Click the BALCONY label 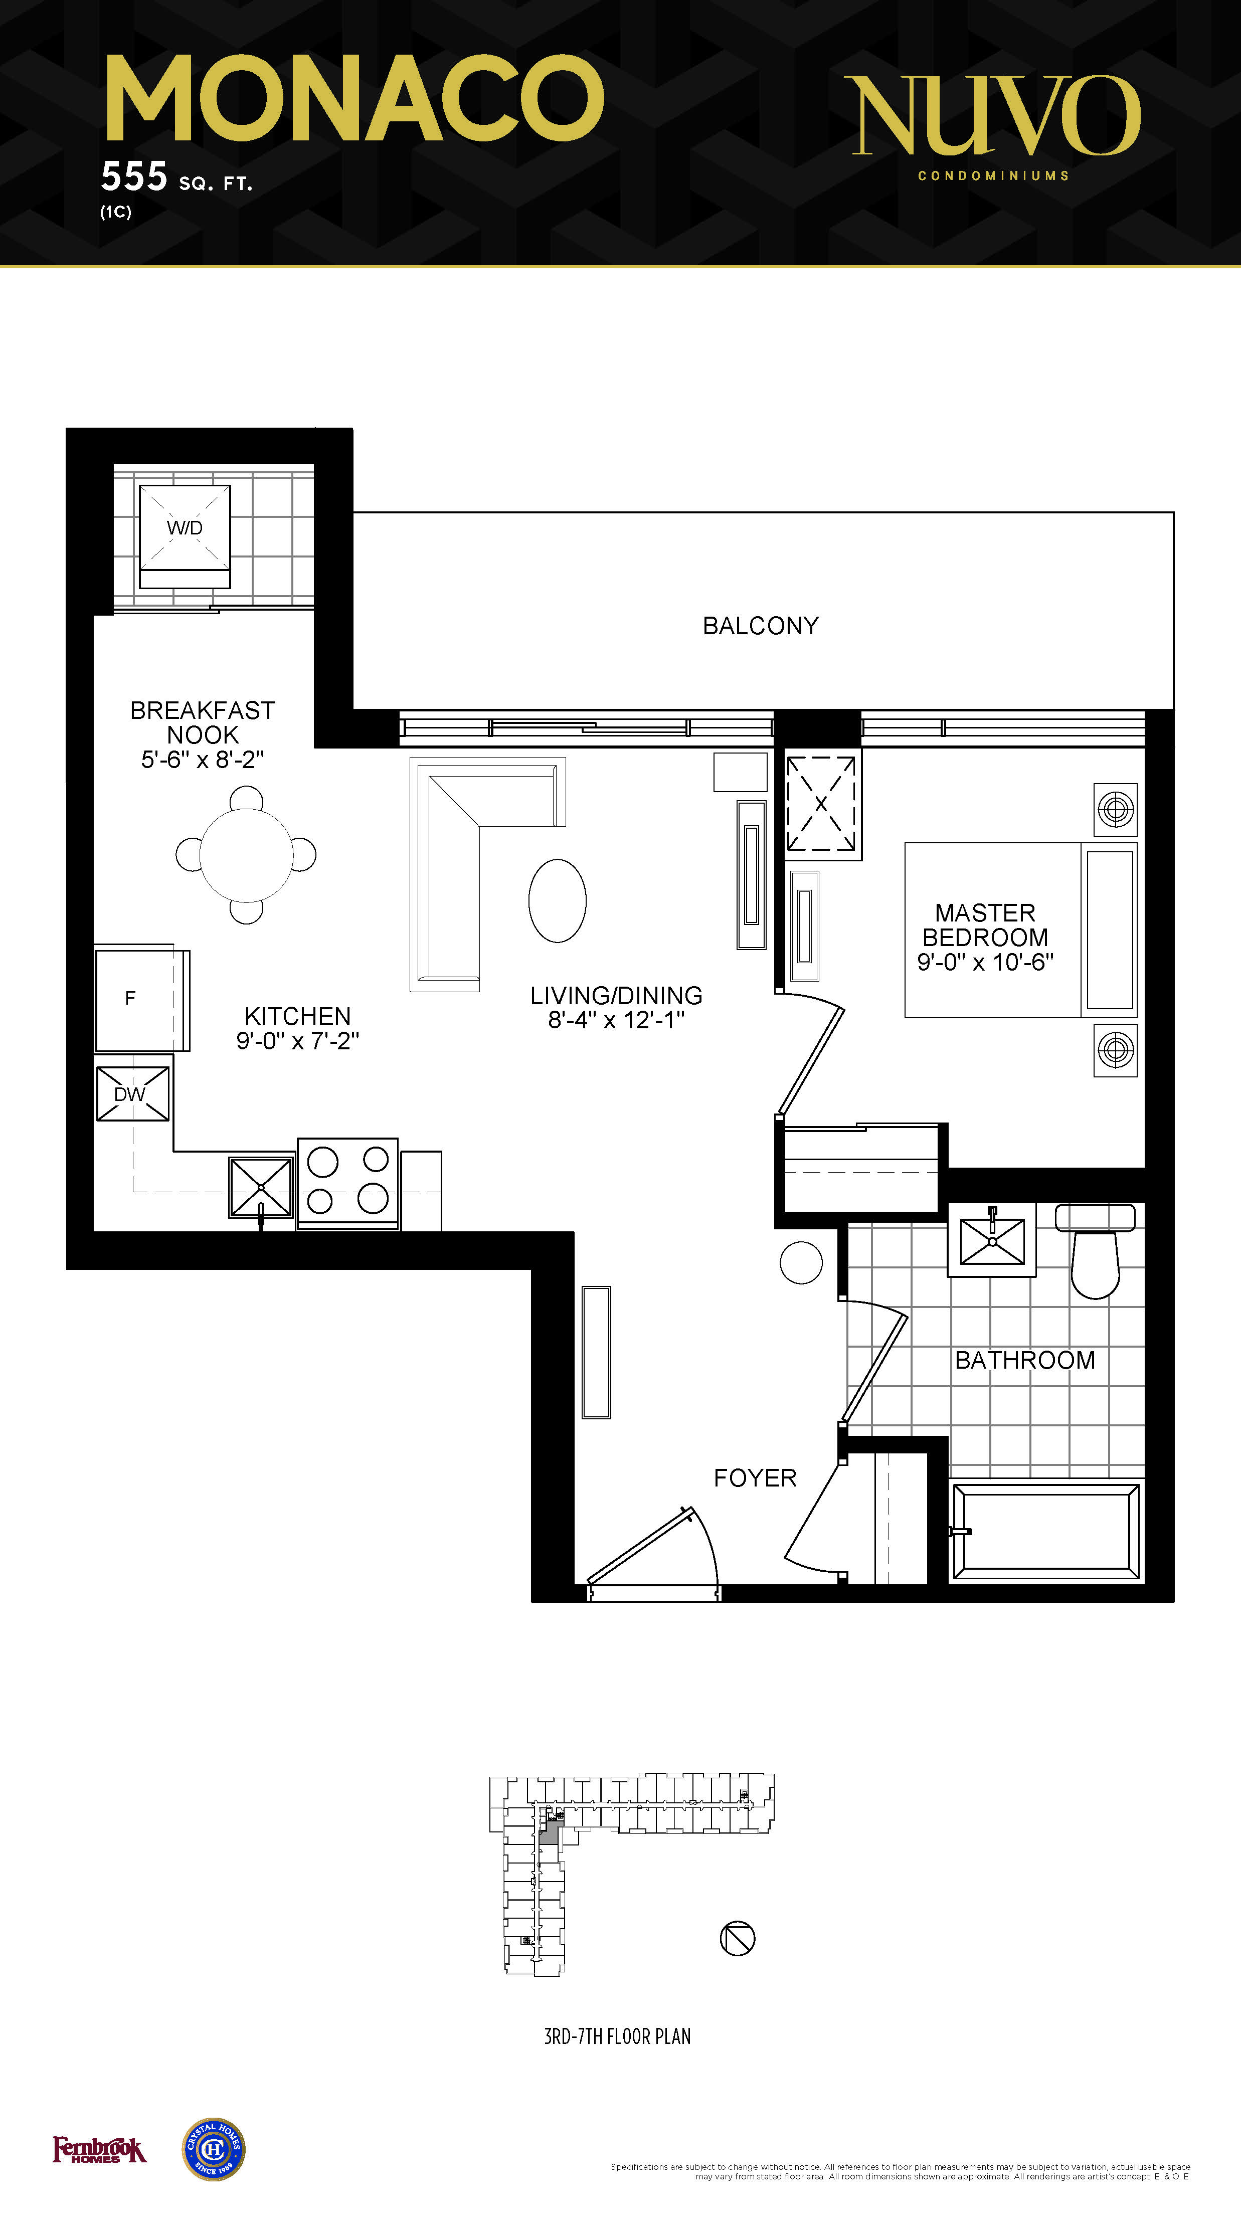click(760, 625)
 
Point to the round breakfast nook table click(246, 855)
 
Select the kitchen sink click(261, 1187)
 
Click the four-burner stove click(348, 1183)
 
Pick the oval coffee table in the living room click(558, 901)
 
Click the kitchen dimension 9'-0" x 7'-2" click(298, 1040)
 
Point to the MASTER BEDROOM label click(985, 925)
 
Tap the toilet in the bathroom click(1096, 1250)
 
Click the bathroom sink click(992, 1240)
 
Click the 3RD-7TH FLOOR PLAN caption click(617, 2036)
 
